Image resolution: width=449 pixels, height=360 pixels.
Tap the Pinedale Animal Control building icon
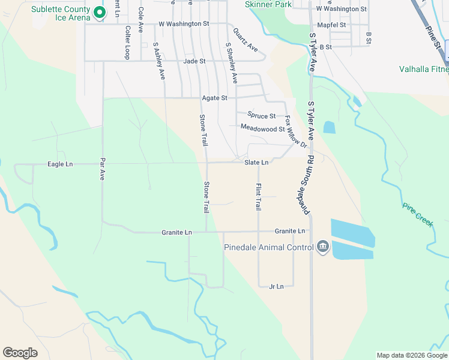[323, 247]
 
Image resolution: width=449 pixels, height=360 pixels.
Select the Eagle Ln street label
[60, 164]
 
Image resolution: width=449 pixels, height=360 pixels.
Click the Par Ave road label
[102, 170]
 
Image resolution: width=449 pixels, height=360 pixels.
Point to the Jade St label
[194, 61]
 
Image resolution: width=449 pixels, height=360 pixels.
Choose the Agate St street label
[214, 98]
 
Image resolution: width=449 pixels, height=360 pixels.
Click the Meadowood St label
[262, 128]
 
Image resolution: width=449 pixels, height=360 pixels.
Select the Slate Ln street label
[256, 163]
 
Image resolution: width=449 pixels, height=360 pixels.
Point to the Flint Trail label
[258, 196]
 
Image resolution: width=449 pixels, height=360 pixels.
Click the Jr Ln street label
[276, 287]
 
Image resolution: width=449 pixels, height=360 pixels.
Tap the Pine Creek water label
[418, 214]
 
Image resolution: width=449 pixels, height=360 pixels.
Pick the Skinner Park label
[268, 4]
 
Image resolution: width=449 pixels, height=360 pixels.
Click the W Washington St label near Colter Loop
[184, 24]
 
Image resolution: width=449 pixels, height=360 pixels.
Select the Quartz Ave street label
[245, 39]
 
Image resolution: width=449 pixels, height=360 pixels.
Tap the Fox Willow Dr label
[296, 132]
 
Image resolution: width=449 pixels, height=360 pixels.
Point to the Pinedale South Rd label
[303, 183]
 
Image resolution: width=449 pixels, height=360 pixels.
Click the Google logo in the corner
[20, 353]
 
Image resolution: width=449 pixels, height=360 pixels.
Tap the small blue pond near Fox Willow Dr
[329, 127]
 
